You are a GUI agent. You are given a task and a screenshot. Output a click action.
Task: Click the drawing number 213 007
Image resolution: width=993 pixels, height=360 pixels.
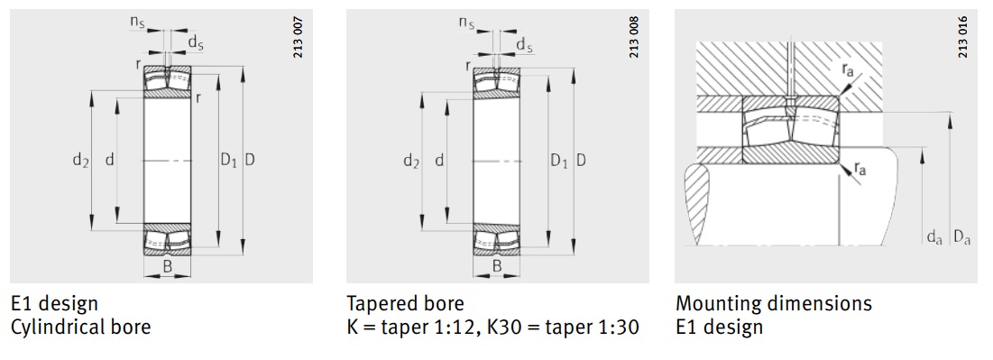(x=299, y=38)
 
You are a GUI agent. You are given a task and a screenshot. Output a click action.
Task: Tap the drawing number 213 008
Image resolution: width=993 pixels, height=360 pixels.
(x=633, y=38)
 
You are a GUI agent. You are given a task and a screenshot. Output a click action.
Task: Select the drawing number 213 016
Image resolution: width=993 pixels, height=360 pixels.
(x=963, y=38)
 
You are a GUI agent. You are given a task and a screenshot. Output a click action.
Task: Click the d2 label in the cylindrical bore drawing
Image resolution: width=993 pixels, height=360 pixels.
(x=80, y=161)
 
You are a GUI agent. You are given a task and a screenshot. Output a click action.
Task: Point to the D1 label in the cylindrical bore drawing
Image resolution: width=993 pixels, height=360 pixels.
(x=228, y=161)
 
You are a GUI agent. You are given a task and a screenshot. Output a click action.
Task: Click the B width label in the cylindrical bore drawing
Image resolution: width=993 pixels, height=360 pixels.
(x=167, y=265)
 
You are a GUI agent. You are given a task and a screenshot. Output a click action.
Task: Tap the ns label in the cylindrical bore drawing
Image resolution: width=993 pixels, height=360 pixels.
(x=136, y=20)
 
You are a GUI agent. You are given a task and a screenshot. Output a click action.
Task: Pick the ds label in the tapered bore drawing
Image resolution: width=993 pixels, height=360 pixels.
(x=524, y=44)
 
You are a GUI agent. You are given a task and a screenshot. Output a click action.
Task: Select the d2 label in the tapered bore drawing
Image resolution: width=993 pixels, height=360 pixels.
(x=411, y=162)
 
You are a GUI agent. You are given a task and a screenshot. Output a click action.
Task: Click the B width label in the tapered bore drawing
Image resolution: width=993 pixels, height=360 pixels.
(x=497, y=265)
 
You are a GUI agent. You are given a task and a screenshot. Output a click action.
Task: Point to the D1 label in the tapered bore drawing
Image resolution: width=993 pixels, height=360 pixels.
(x=559, y=162)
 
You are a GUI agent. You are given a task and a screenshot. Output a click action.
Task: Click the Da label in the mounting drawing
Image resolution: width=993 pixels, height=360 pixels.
(x=961, y=238)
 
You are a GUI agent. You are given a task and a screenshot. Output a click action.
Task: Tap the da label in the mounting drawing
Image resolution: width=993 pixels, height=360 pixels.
(x=934, y=238)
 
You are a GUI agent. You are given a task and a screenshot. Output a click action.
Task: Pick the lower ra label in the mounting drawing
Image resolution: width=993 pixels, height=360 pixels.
(x=861, y=169)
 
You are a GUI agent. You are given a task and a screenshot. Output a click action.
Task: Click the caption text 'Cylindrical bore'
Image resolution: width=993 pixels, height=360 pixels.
(x=80, y=327)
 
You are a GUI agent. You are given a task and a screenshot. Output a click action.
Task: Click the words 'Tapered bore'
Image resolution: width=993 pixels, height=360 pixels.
(x=405, y=303)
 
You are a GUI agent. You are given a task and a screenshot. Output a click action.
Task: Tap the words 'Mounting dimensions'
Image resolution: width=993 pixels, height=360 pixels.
(x=773, y=303)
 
